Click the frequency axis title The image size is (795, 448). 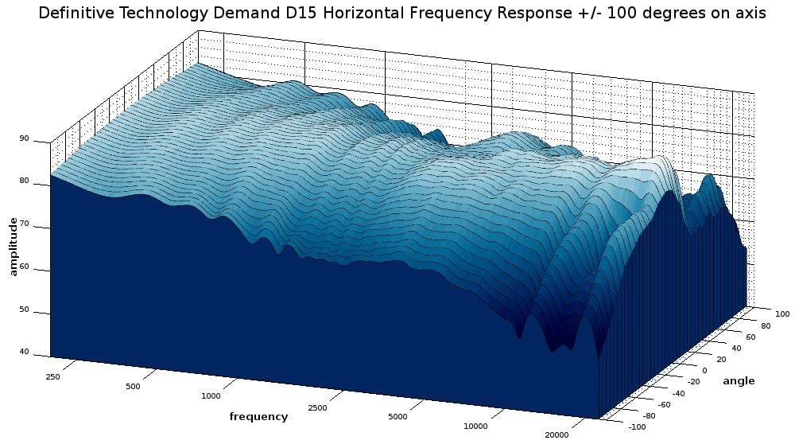tap(258, 416)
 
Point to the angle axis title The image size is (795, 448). tap(739, 381)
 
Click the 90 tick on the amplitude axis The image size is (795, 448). tap(24, 138)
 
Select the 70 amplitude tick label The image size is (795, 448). tap(24, 224)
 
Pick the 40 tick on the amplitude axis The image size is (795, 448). tap(24, 353)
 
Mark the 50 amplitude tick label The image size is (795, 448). tap(24, 310)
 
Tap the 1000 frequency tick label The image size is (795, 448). tap(211, 396)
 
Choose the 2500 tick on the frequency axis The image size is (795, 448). tap(317, 408)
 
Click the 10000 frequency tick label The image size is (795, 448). tap(475, 427)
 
